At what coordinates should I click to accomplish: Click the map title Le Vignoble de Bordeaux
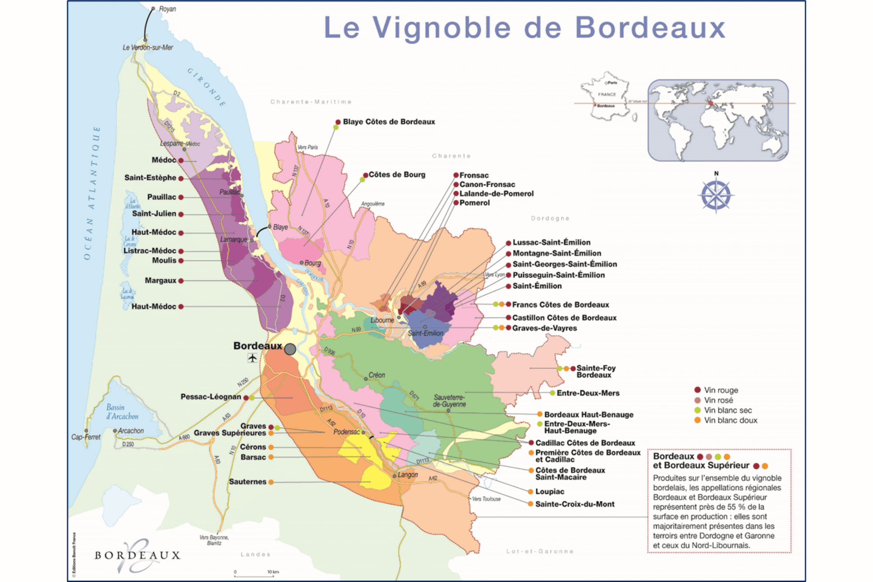click(x=524, y=28)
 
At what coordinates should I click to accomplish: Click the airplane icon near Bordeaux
click(x=252, y=358)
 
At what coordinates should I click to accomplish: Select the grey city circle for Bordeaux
click(x=290, y=349)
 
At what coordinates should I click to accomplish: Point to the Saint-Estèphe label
click(x=150, y=178)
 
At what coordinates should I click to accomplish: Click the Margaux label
click(x=161, y=280)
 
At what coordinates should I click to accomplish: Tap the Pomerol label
click(x=474, y=203)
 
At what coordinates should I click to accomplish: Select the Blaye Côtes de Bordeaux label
click(x=388, y=122)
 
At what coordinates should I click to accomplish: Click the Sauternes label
click(x=247, y=482)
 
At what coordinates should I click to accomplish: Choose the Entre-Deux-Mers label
click(x=588, y=393)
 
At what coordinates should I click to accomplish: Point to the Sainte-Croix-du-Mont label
click(x=574, y=504)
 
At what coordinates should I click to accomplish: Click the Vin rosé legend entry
click(x=718, y=400)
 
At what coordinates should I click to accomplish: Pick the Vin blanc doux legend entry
click(x=730, y=420)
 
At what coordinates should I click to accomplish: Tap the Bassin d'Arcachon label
click(x=122, y=412)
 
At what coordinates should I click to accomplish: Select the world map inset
click(x=718, y=120)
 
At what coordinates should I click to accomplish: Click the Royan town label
click(x=167, y=9)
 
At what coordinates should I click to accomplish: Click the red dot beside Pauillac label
click(x=181, y=197)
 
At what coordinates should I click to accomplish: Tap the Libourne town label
click(x=382, y=320)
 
